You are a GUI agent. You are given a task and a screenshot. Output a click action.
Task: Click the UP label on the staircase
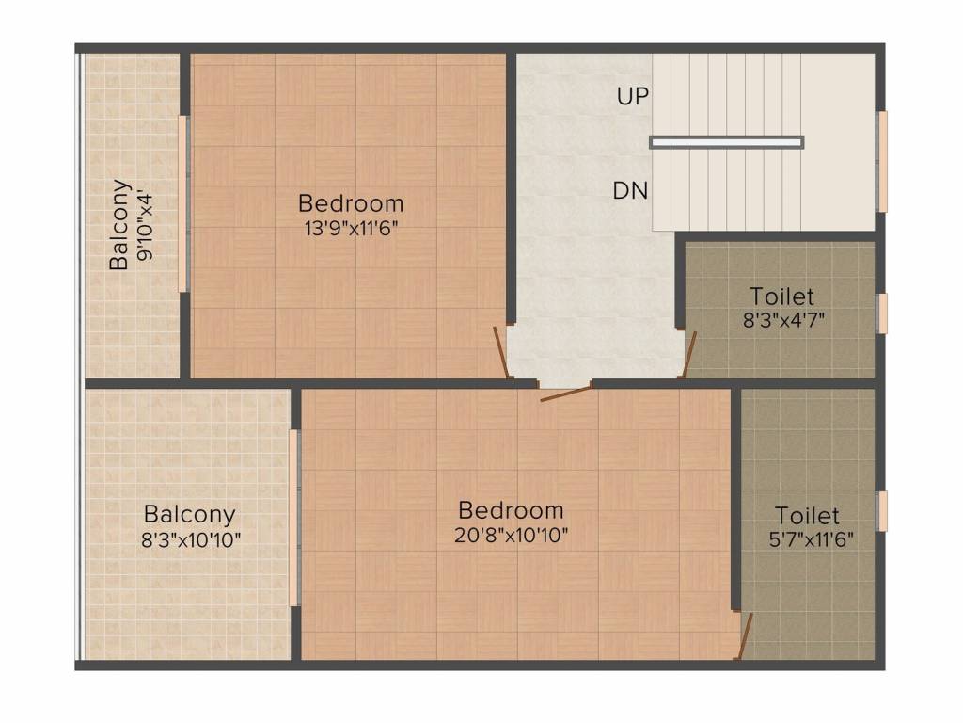pos(633,96)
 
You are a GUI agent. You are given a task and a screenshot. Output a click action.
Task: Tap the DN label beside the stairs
pos(631,191)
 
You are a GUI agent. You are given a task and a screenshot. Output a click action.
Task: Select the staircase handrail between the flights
pos(726,142)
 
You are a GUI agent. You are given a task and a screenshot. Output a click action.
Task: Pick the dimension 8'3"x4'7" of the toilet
pos(782,319)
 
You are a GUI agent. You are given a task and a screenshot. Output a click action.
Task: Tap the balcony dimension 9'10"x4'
pos(144,226)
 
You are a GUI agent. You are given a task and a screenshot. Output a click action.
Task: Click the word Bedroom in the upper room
pos(351,203)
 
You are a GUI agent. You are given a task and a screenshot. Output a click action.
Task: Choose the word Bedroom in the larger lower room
pos(512,511)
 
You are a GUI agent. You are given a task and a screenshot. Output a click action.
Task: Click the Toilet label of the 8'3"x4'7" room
pos(781,296)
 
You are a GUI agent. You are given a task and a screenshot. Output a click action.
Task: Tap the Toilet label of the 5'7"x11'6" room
pos(808,516)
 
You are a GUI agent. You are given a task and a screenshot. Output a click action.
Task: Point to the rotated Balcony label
pos(119,224)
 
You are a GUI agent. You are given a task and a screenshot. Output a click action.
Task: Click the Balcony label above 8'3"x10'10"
pos(189,515)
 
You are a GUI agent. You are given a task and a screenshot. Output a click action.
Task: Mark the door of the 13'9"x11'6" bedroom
pos(502,354)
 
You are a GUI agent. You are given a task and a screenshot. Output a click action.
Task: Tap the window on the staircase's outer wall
pos(882,161)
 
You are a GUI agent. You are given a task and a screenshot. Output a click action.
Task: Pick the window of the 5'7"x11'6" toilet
pos(882,510)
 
